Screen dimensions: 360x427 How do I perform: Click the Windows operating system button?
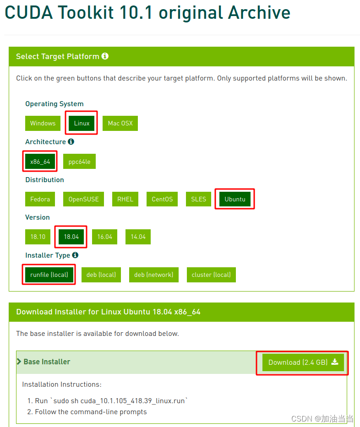43,124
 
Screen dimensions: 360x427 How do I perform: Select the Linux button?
82,124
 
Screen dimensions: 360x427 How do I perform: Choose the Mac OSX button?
120,124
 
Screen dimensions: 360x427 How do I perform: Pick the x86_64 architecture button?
40,162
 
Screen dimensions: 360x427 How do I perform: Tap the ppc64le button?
79,162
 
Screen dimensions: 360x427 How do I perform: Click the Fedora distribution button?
40,199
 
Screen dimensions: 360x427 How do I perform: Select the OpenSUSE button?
83,199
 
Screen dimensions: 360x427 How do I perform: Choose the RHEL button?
125,199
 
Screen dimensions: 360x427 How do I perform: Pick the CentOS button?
162,199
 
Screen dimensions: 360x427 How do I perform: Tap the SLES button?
198,199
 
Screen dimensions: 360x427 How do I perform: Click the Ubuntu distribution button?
235,199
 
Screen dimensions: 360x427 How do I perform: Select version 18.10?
38,237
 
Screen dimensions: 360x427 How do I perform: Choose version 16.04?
104,237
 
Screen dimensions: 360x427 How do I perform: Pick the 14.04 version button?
138,237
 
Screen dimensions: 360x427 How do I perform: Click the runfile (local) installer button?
49,275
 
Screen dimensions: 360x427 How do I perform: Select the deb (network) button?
154,275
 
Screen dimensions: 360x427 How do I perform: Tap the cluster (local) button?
211,275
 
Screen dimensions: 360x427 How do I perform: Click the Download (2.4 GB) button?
303,362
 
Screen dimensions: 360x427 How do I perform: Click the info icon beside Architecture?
71,141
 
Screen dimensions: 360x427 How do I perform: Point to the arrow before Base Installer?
19,362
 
